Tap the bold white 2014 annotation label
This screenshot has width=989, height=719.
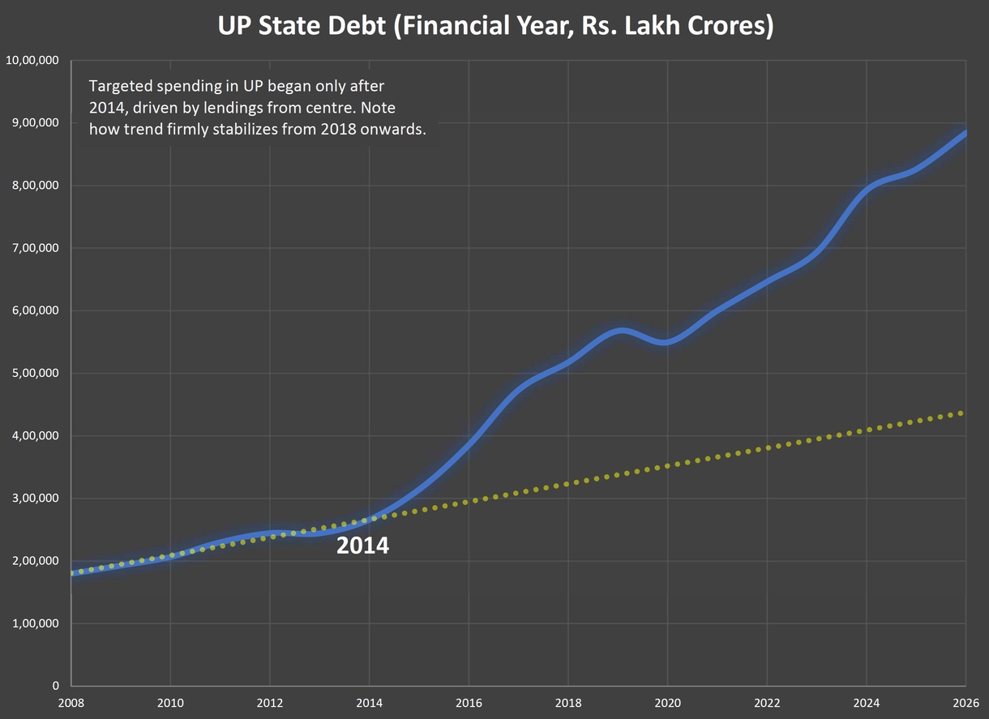pos(362,546)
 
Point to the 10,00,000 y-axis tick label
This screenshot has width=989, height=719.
pos(33,60)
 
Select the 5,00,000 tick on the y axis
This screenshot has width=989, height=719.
pos(36,373)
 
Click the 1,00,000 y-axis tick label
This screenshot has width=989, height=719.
pos(36,623)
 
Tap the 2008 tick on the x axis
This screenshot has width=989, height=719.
pos(71,702)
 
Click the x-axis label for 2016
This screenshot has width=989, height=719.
pos(469,702)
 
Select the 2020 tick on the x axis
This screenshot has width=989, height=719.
pos(667,702)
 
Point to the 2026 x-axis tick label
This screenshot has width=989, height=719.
pos(965,702)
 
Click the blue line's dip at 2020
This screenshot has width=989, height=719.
pos(665,342)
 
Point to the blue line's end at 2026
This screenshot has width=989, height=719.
pos(965,133)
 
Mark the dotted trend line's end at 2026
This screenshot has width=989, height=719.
pos(961,413)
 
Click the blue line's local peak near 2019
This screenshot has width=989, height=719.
pos(621,331)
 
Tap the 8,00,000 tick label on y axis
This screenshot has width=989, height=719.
pos(36,186)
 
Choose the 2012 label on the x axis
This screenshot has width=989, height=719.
pos(270,702)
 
